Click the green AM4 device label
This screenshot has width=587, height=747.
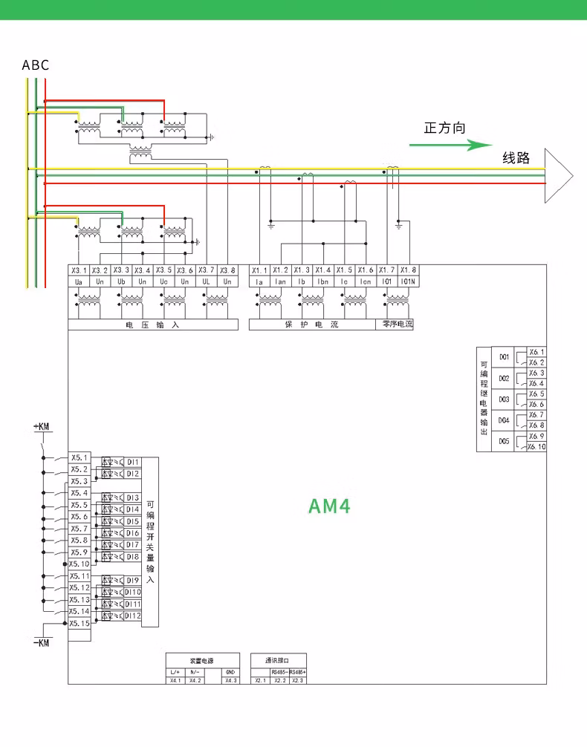[x=328, y=506]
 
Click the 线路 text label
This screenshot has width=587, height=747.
[x=516, y=157]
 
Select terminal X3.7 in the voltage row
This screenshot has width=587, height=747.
[x=206, y=270]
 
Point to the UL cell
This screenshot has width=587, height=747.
[x=206, y=282]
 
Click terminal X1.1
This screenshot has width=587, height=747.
[x=259, y=270]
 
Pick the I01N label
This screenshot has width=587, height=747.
[x=408, y=282]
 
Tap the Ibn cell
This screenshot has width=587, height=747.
[x=323, y=282]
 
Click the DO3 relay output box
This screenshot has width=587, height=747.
[x=504, y=399]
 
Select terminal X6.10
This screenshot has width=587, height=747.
[x=536, y=447]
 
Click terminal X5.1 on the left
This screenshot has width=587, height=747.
[x=80, y=457]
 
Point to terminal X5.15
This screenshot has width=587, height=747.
[x=80, y=624]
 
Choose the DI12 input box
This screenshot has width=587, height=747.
[x=132, y=616]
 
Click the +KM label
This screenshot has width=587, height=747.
[x=42, y=427]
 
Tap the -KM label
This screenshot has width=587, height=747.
[x=42, y=642]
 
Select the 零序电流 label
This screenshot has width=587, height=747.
[x=398, y=324]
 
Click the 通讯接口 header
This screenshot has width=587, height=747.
[x=278, y=660]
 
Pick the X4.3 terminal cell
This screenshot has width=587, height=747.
[x=230, y=680]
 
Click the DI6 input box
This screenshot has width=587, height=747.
[x=132, y=533]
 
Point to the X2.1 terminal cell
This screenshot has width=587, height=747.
[x=259, y=680]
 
